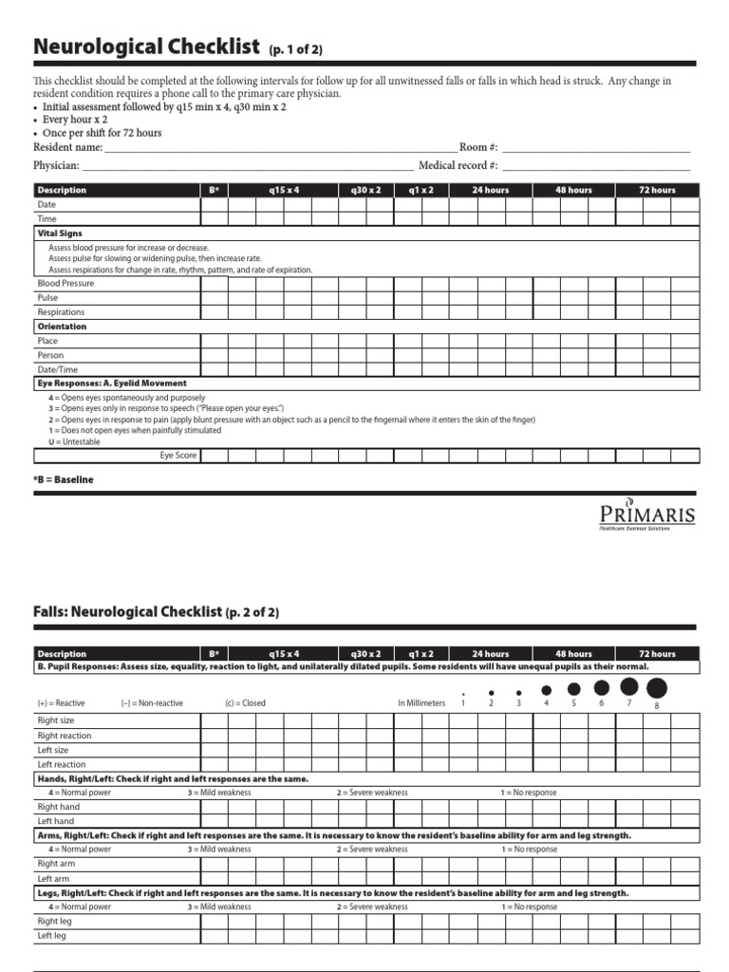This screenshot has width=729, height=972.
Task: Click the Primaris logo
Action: pyautogui.click(x=646, y=514)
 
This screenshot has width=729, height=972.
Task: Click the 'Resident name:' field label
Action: pyautogui.click(x=67, y=147)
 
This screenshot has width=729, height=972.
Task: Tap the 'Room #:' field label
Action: pyautogui.click(x=478, y=147)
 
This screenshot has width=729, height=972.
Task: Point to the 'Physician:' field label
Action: pyautogui.click(x=56, y=165)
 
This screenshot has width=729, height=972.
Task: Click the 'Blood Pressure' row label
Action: pyautogui.click(x=65, y=283)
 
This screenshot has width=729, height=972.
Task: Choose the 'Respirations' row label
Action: pyautogui.click(x=61, y=311)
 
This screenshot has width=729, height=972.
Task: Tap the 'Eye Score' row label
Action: pyautogui.click(x=178, y=456)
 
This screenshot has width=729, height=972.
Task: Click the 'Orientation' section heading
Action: pyautogui.click(x=62, y=327)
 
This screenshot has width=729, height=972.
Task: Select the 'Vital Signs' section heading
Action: pyautogui.click(x=60, y=233)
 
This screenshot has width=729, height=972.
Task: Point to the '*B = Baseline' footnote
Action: pyautogui.click(x=64, y=480)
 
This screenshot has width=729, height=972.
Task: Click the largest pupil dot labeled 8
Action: pyautogui.click(x=656, y=688)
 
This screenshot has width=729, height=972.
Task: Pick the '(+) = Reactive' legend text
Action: pyautogui.click(x=61, y=703)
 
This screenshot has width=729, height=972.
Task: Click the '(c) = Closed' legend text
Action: pyautogui.click(x=245, y=703)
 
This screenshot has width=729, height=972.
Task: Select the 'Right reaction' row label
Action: pyautogui.click(x=65, y=736)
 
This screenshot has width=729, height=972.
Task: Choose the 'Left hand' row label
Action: pyautogui.click(x=55, y=821)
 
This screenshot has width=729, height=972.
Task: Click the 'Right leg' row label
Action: pyautogui.click(x=54, y=921)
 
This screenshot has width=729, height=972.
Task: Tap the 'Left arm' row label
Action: pyautogui.click(x=54, y=878)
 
